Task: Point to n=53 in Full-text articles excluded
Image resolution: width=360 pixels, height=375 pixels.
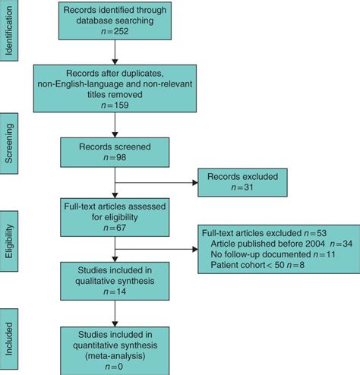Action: pyautogui.click(x=311, y=233)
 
